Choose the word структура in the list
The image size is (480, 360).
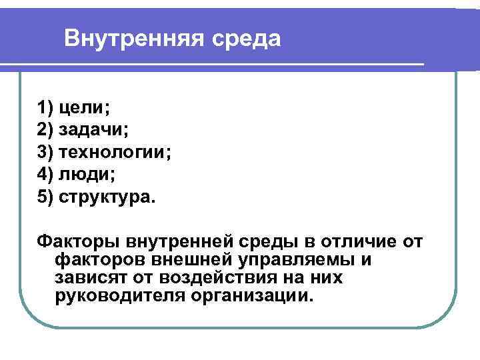106,197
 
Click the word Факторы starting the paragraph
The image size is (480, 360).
69,240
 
